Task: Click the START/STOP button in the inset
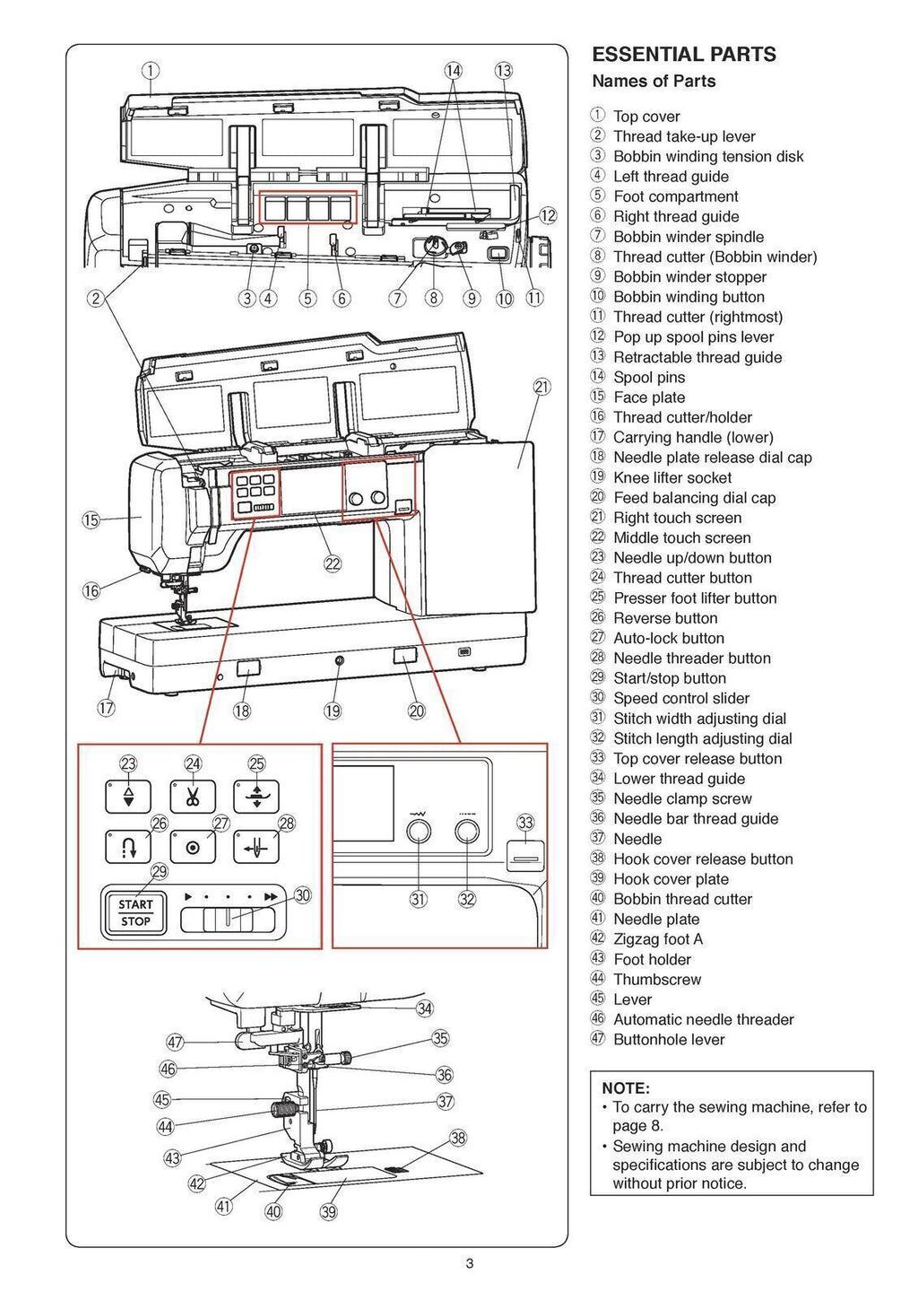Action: pyautogui.click(x=135, y=912)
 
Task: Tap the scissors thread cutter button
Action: pyautogui.click(x=193, y=796)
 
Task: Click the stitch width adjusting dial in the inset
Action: pyautogui.click(x=419, y=833)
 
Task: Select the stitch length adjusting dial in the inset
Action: pyautogui.click(x=466, y=833)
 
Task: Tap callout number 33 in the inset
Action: pyautogui.click(x=525, y=822)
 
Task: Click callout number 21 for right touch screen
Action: pyautogui.click(x=541, y=387)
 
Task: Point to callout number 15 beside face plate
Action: pyautogui.click(x=91, y=519)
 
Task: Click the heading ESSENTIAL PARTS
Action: pyautogui.click(x=684, y=55)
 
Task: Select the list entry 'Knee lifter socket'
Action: pyautogui.click(x=671, y=478)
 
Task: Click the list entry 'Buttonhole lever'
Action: pyautogui.click(x=668, y=1040)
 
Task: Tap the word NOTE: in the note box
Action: pyautogui.click(x=626, y=1088)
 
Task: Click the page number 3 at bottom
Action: pyautogui.click(x=469, y=1264)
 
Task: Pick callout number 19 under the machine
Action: pyautogui.click(x=333, y=711)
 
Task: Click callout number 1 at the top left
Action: pyautogui.click(x=151, y=70)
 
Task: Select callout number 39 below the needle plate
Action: pyautogui.click(x=328, y=1212)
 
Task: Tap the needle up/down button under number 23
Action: pyautogui.click(x=128, y=796)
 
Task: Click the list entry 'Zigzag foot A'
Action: pyautogui.click(x=657, y=939)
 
